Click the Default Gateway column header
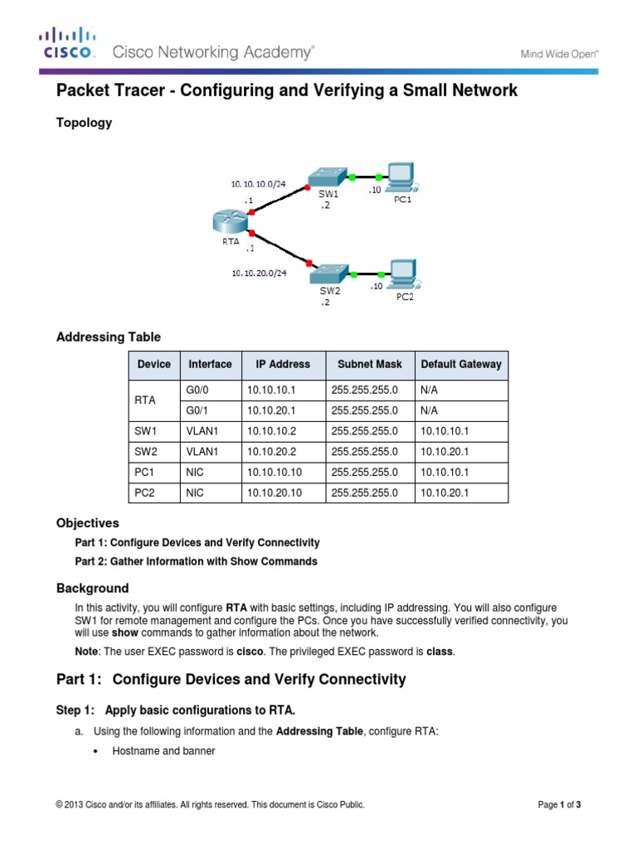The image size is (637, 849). (461, 364)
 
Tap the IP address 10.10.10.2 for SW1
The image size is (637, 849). (271, 431)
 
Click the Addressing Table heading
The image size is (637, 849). (108, 337)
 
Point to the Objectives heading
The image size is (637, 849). (87, 523)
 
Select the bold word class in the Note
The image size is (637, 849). (440, 652)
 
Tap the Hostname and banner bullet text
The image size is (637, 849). (163, 751)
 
